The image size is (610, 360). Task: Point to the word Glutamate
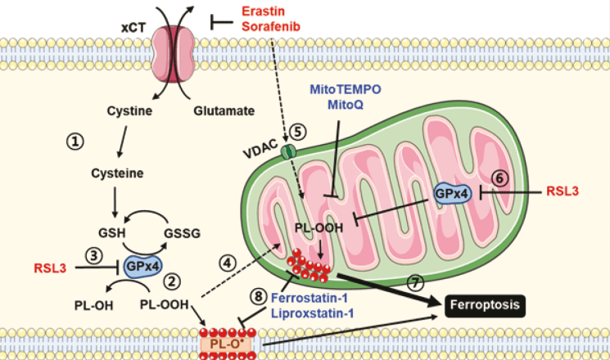pyautogui.click(x=221, y=110)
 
